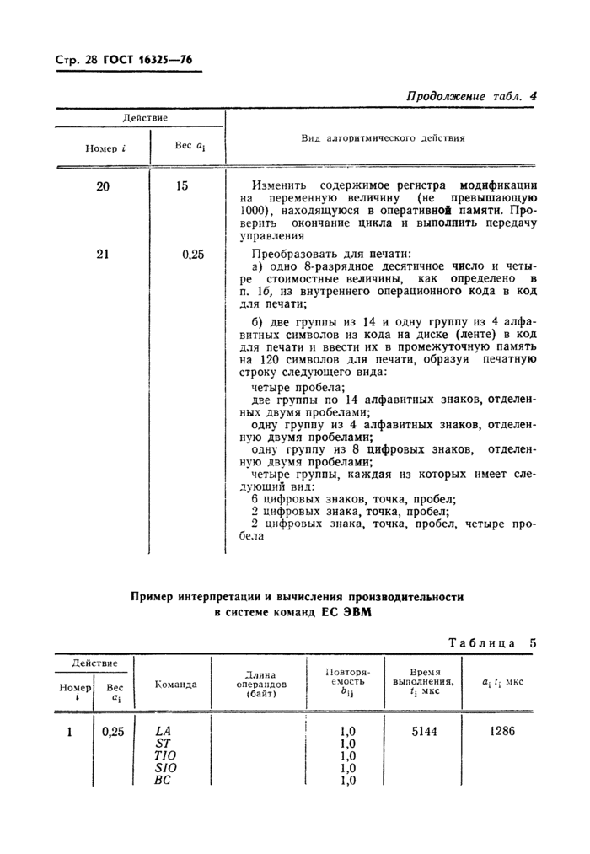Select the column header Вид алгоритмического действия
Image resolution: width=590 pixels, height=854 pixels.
tap(383, 137)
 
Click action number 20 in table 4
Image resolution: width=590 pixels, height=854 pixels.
tap(102, 185)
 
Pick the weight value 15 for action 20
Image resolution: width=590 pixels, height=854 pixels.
tap(182, 185)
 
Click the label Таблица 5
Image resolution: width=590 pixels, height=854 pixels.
tap(492, 642)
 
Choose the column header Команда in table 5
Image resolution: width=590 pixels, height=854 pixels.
tap(176, 685)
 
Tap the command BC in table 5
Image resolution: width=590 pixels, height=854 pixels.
tap(164, 781)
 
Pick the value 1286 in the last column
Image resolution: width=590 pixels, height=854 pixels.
tap(501, 732)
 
